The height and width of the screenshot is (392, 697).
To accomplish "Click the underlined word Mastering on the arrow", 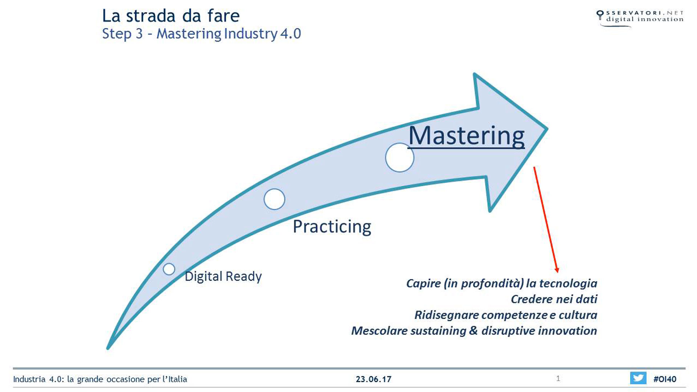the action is pyautogui.click(x=467, y=137).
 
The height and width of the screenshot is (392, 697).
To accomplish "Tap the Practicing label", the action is pyautogui.click(x=332, y=227).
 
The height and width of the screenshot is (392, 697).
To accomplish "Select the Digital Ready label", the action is pyautogui.click(x=223, y=276).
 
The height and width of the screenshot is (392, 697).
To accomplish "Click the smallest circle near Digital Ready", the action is pyautogui.click(x=169, y=269).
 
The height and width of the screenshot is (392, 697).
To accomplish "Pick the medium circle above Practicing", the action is pyautogui.click(x=274, y=199).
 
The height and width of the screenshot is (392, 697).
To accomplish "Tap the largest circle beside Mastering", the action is pyautogui.click(x=399, y=157).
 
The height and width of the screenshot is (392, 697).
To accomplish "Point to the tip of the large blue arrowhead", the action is pyautogui.click(x=547, y=129).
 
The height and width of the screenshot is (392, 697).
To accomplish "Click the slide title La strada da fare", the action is pyautogui.click(x=171, y=16).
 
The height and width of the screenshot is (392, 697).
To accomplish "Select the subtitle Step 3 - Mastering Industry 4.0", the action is pyautogui.click(x=202, y=34).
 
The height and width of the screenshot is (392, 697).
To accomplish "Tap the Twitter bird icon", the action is pyautogui.click(x=638, y=378).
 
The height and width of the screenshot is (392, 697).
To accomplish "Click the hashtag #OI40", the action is pyautogui.click(x=665, y=379).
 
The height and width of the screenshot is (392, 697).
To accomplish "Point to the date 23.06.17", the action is pyautogui.click(x=374, y=379).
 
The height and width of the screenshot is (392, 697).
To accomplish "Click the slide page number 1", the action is pyautogui.click(x=558, y=379).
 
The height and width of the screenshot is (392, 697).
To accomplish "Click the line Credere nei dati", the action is pyautogui.click(x=554, y=299).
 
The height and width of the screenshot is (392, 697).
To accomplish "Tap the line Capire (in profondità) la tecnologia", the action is pyautogui.click(x=502, y=284).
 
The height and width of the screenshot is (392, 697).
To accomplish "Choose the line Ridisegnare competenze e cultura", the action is pyautogui.click(x=506, y=315).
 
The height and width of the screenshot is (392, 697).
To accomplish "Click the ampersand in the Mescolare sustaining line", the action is pyautogui.click(x=473, y=331).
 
